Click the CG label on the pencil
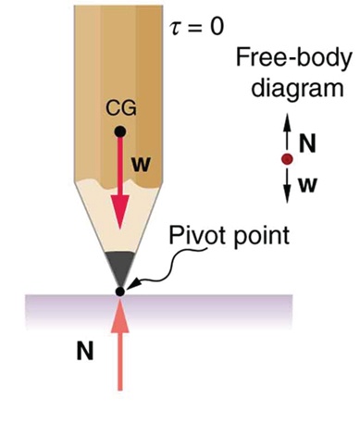click(x=120, y=108)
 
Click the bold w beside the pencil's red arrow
click(x=141, y=166)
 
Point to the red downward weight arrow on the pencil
click(x=119, y=185)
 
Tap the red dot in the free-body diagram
click(x=287, y=158)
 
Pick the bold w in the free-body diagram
click(x=308, y=183)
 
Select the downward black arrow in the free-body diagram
click(x=287, y=182)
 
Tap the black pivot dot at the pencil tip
click(x=119, y=292)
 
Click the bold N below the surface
click(x=85, y=352)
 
